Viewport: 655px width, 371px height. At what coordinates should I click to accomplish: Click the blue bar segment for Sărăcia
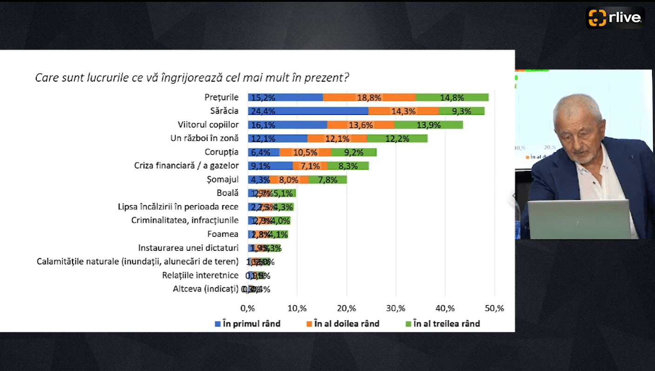pyautogui.click(x=308, y=111)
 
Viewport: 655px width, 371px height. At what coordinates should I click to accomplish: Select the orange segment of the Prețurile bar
pyautogui.click(x=369, y=97)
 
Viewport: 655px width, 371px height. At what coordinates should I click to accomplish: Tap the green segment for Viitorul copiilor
pyautogui.click(x=428, y=125)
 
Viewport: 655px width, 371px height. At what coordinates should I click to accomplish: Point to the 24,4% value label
pyautogui.click(x=263, y=111)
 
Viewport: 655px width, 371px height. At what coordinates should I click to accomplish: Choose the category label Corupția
pyautogui.click(x=221, y=152)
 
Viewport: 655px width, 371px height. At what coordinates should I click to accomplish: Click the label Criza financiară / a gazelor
pyautogui.click(x=186, y=166)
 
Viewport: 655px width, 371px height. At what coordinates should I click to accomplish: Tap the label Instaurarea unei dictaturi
pyautogui.click(x=188, y=248)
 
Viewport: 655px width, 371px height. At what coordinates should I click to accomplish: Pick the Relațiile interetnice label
pyautogui.click(x=200, y=276)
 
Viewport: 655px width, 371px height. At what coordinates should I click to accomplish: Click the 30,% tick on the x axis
pyautogui.click(x=395, y=308)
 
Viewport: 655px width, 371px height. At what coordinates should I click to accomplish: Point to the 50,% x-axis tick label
pyautogui.click(x=494, y=308)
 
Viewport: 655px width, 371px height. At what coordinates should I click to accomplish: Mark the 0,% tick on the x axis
pyautogui.click(x=247, y=308)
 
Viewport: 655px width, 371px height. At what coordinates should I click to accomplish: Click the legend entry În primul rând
pyautogui.click(x=247, y=324)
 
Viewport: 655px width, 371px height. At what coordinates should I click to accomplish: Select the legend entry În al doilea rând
pyautogui.click(x=342, y=324)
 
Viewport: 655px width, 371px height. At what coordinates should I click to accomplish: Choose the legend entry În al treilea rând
pyautogui.click(x=442, y=324)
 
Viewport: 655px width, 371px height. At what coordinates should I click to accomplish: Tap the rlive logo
pyautogui.click(x=615, y=18)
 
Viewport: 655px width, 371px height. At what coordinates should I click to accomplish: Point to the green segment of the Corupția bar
pyautogui.click(x=354, y=152)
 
